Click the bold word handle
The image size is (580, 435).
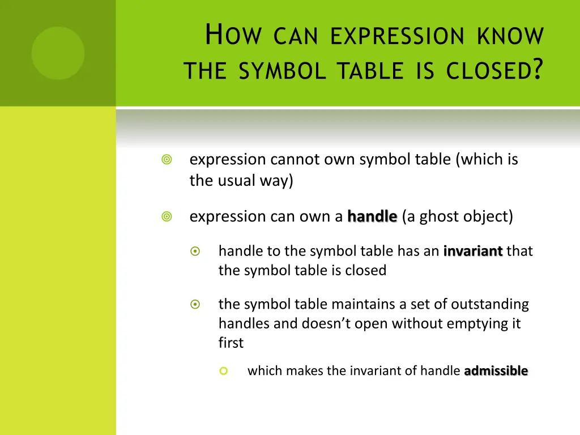point(372,216)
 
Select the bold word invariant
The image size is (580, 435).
point(473,251)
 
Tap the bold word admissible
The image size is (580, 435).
point(496,371)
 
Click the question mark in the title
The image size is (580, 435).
point(538,70)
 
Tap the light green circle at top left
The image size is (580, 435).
point(58,53)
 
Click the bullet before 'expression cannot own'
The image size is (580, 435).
point(167,160)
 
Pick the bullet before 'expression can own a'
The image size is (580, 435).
point(167,216)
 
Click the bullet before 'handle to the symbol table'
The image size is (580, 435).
point(195,251)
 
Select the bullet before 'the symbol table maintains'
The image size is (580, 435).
point(195,304)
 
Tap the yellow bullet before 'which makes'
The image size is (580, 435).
point(223,371)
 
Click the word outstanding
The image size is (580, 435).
point(489,304)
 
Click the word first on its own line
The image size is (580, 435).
point(231,343)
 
